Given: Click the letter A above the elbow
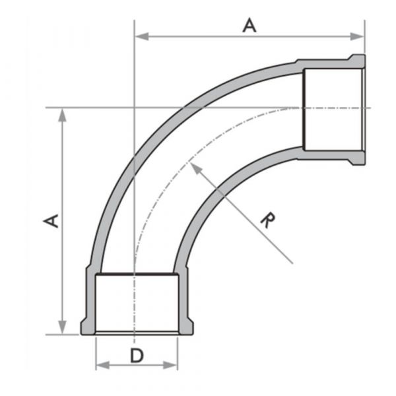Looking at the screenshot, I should point(249,25).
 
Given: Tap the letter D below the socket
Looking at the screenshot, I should point(136,356).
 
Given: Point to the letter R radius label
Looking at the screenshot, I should point(265,220).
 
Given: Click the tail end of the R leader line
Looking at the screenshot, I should point(292,263).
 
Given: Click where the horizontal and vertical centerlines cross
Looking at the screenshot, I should point(134,108).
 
